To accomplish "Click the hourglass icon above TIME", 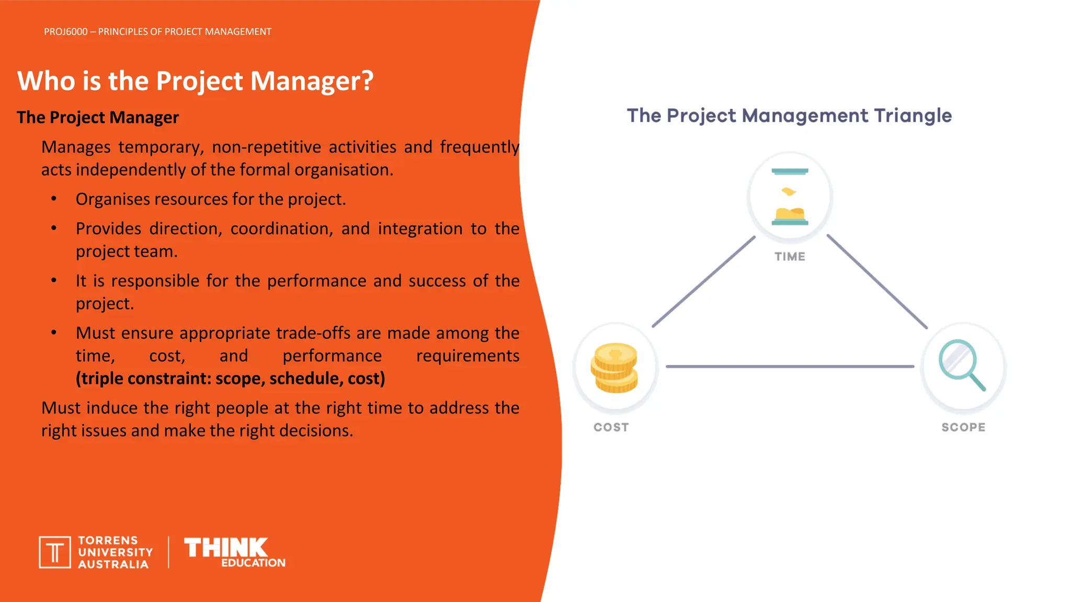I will tap(790, 196).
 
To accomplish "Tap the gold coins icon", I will tap(614, 367).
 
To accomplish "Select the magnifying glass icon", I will tap(961, 365).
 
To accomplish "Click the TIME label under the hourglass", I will tap(790, 257).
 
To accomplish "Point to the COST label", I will tap(611, 427).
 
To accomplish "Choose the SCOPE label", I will tap(963, 427).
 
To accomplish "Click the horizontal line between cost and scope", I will tap(790, 367).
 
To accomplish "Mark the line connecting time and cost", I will tap(704, 282).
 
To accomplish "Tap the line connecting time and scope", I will tap(877, 282).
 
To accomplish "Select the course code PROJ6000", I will tap(66, 32).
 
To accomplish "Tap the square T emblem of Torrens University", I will tap(55, 552).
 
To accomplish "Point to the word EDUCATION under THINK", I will tap(253, 563).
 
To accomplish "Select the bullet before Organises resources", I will tap(54, 199).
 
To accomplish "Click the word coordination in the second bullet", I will tap(281, 229).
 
